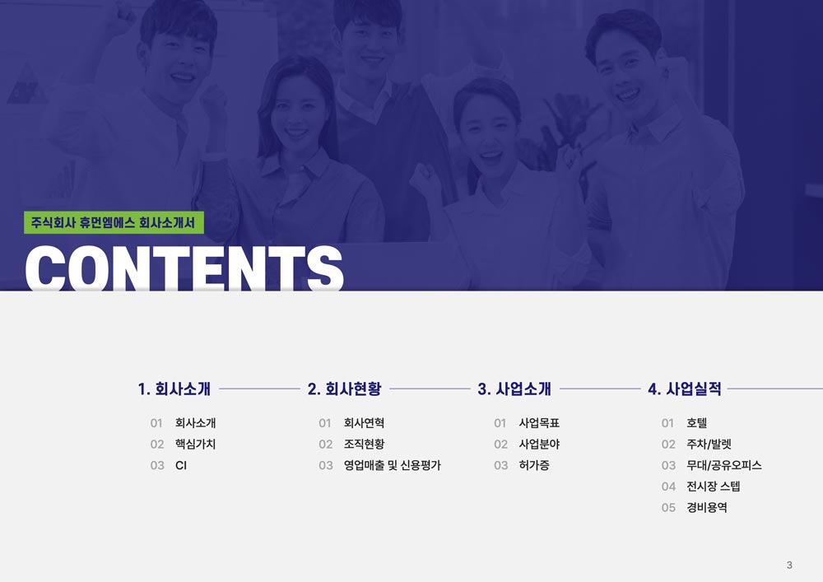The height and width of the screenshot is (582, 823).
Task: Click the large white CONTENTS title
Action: [x=184, y=268]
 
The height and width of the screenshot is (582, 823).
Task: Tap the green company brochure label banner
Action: [x=114, y=222]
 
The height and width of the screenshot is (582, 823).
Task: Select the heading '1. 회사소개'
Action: [x=174, y=389]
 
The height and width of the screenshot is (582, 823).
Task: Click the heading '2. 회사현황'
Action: [x=344, y=389]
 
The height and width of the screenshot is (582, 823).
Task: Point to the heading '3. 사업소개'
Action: [x=514, y=389]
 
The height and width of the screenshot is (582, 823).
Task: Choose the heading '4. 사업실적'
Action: [x=685, y=389]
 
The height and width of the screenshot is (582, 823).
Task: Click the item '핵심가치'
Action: [x=195, y=444]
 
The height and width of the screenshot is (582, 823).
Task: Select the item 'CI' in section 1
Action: [x=181, y=465]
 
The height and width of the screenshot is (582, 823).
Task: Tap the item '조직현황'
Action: [x=365, y=444]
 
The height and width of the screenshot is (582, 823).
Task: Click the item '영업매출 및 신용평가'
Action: [x=393, y=465]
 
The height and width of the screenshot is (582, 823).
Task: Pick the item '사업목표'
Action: [x=540, y=423]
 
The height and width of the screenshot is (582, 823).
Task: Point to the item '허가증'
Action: [x=534, y=465]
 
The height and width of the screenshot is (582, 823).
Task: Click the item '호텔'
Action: [x=697, y=423]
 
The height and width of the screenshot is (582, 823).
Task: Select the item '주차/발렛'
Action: [x=709, y=444]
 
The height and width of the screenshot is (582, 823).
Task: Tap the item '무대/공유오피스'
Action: [x=724, y=465]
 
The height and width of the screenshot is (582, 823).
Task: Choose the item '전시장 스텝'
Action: [x=714, y=487]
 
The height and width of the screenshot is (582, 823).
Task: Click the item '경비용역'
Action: [x=707, y=507]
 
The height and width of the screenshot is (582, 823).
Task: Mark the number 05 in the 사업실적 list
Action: [x=668, y=508]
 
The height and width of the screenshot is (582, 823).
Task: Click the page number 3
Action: [x=789, y=566]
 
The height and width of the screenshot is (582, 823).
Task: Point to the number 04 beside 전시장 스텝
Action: [x=668, y=487]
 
